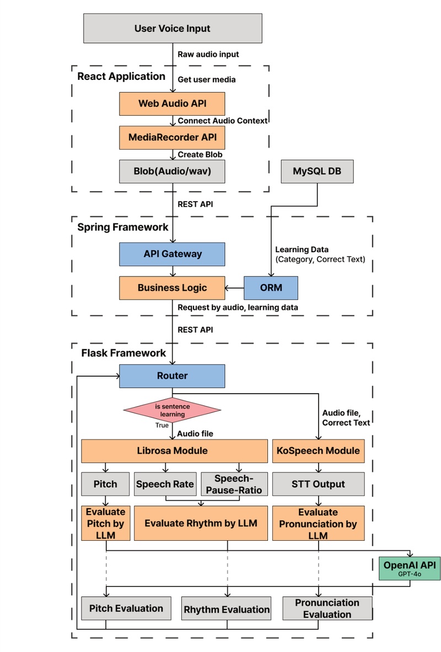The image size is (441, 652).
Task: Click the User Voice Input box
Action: coord(172,29)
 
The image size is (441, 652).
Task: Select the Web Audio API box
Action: coord(172,103)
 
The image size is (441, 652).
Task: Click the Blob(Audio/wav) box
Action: coord(172,171)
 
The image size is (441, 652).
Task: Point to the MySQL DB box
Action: coord(317,171)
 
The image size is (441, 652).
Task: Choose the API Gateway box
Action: coord(172,254)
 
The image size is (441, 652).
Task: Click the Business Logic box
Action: coord(172,287)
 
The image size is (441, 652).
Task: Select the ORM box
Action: coord(271,287)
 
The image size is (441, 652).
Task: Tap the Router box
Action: coord(172,376)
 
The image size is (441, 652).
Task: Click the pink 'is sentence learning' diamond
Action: coord(172,410)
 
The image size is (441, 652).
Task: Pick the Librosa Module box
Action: coord(172,450)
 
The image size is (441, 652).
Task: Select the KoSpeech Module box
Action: coord(318,450)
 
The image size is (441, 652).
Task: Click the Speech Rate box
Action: coord(165,484)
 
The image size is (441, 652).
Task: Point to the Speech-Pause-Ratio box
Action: coord(234,484)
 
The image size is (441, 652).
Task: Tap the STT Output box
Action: coord(318,484)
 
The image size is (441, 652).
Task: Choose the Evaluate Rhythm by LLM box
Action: coord(201,523)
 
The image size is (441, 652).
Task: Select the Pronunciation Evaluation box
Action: coord(327,608)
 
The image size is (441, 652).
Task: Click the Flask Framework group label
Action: coord(123,353)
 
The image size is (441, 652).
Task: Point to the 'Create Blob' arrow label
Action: coord(200,154)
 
